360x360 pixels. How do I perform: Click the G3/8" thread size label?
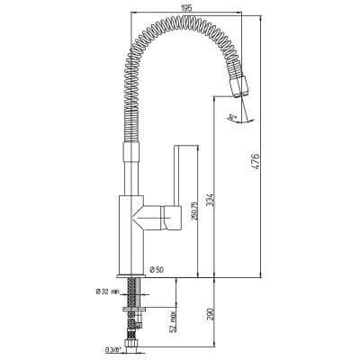(x=114, y=348)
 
